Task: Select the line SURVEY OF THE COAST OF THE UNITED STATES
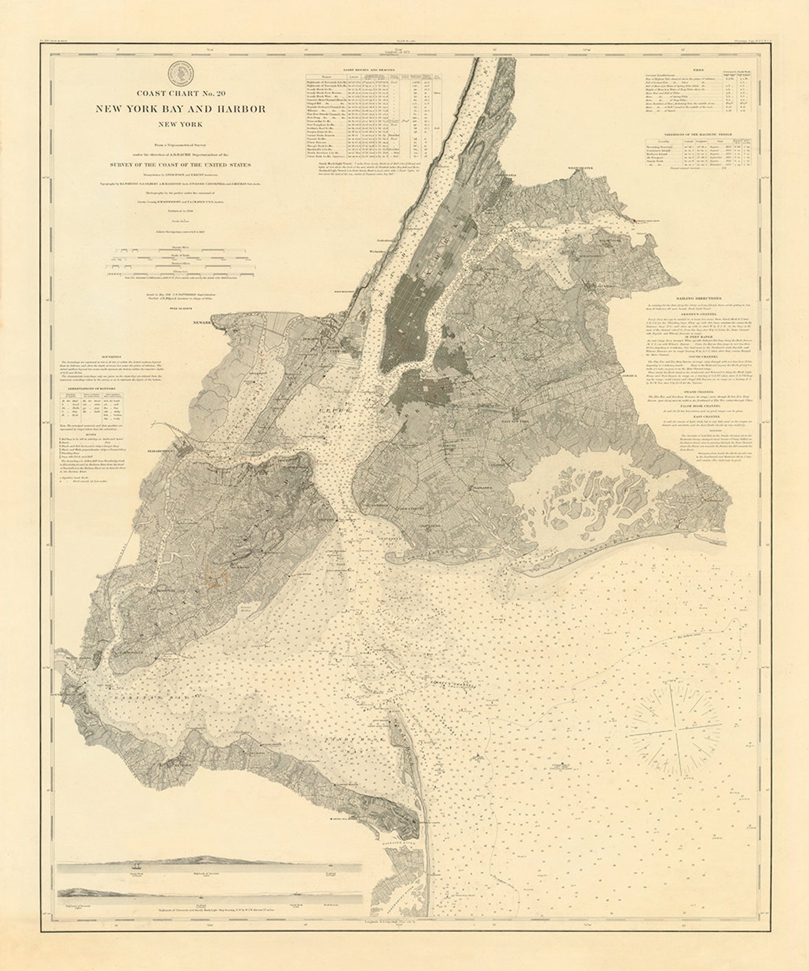coord(180,165)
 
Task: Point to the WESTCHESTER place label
coord(581,168)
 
